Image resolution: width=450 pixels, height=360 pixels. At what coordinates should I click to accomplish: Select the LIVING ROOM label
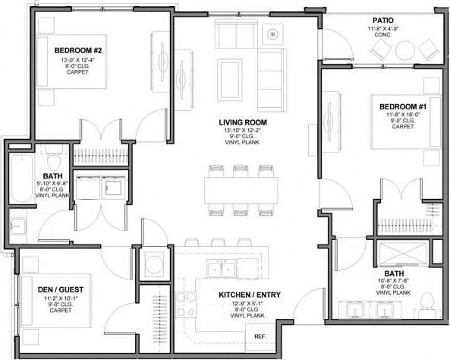pyautogui.click(x=243, y=122)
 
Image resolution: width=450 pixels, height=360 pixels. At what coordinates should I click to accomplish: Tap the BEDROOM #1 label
pyautogui.click(x=403, y=106)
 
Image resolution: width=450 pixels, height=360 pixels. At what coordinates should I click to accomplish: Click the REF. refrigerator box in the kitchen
pyautogui.click(x=260, y=336)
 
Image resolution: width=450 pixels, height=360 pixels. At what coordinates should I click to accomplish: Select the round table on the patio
pyautogui.click(x=405, y=50)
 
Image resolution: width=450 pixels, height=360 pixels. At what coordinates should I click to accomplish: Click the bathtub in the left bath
pyautogui.click(x=19, y=179)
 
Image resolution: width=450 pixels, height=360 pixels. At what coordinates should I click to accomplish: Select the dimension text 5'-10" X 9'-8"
pyautogui.click(x=52, y=183)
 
